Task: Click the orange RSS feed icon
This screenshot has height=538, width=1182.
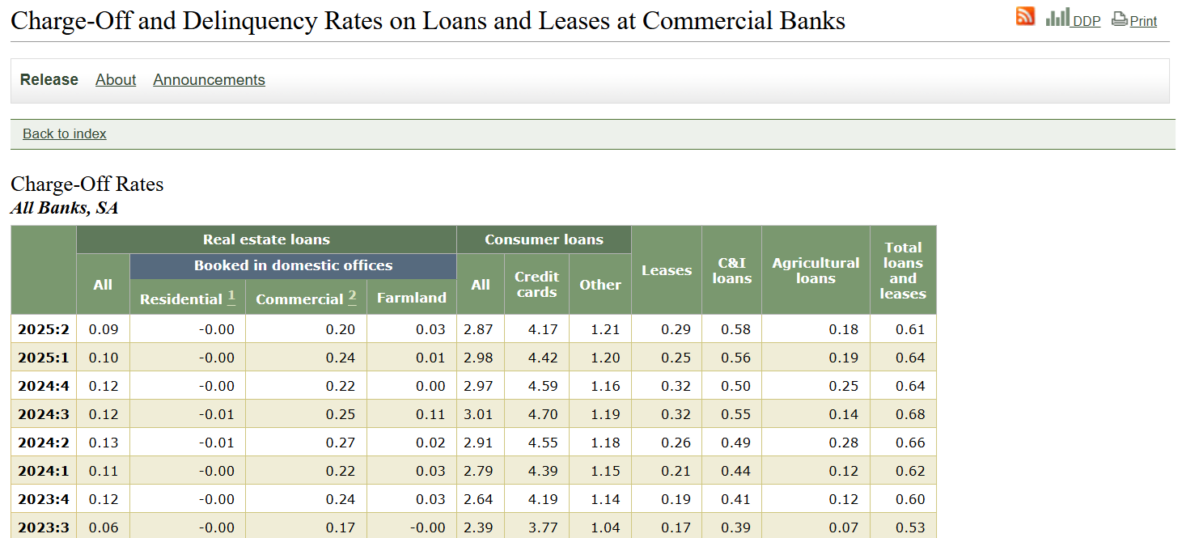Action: (1025, 16)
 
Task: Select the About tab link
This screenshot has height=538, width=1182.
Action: (116, 79)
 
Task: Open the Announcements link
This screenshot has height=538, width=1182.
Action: (209, 79)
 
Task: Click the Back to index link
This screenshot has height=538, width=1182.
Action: (65, 134)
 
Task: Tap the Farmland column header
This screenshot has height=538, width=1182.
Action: (412, 298)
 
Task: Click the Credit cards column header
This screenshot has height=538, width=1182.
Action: (536, 284)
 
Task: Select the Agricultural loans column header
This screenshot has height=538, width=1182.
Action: (816, 270)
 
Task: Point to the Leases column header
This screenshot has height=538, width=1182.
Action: (667, 270)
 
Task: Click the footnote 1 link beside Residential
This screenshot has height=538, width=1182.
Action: (231, 296)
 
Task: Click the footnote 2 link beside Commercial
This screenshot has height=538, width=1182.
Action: (352, 296)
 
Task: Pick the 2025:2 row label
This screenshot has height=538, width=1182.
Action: (44, 329)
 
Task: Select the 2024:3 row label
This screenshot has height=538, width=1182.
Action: (44, 414)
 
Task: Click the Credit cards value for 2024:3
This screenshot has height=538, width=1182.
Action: (542, 414)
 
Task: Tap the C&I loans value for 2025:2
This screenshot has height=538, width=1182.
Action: (735, 329)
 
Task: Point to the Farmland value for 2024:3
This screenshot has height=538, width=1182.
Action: (430, 414)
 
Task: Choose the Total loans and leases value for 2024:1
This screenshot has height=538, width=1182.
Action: (910, 471)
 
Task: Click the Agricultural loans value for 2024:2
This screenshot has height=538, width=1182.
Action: (843, 443)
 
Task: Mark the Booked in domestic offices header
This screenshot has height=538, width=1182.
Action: (294, 265)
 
